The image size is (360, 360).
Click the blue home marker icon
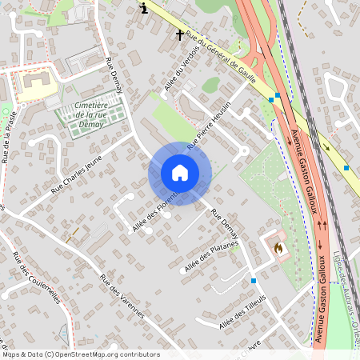[x=180, y=173]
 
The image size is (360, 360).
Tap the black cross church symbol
[x=180, y=34]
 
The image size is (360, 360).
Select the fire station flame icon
[x=278, y=249]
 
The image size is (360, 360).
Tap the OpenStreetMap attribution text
[x=80, y=354]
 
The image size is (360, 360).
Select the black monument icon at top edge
[x=143, y=7]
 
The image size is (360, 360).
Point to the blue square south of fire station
[x=253, y=280]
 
